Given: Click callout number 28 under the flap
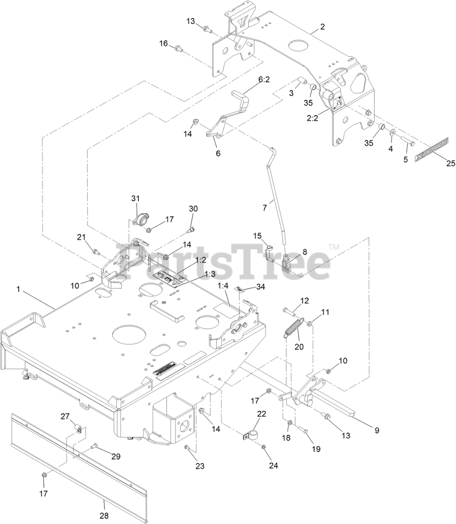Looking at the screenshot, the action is pos(104,515).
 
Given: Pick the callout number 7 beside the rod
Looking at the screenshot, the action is pos(265,208).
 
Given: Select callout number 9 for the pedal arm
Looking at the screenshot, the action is pos(377,430).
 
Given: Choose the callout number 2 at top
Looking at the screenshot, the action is pos(322,27).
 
